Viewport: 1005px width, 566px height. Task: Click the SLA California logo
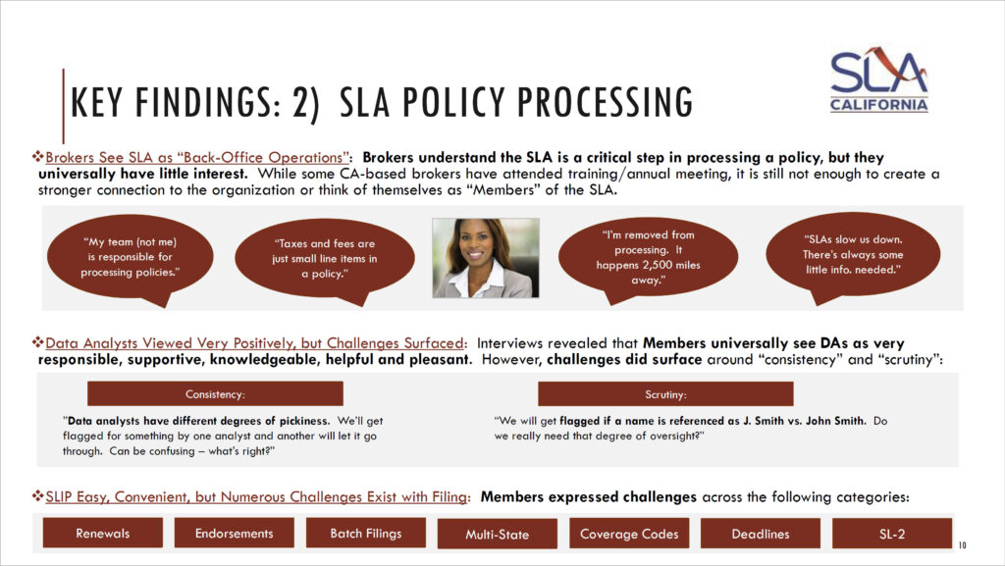tap(878, 79)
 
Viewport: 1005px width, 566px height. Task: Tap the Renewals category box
tap(102, 534)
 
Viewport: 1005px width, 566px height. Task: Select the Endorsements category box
tap(234, 534)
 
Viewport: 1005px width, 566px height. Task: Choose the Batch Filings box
tap(365, 534)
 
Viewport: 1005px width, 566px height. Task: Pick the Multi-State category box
tap(498, 534)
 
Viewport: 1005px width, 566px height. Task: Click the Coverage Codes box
tap(629, 534)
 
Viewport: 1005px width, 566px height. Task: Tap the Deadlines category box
tap(761, 534)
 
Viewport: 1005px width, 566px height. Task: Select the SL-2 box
tap(892, 534)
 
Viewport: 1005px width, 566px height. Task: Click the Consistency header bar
tap(215, 393)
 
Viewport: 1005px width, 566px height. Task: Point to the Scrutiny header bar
tap(665, 393)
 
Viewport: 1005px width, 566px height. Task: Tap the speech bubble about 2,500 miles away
tap(648, 259)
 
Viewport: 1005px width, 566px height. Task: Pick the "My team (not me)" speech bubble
tap(131, 258)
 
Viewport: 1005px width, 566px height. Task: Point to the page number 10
tap(962, 545)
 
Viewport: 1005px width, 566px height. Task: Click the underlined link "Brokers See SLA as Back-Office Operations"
tap(197, 158)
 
